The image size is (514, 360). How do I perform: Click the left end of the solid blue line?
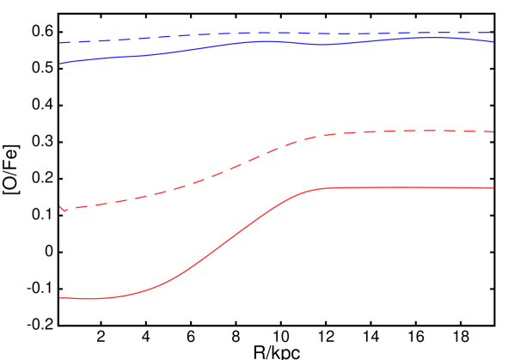[x=59, y=64]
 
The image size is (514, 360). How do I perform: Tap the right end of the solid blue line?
[x=493, y=41]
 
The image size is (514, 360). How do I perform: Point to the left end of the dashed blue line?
[x=59, y=43]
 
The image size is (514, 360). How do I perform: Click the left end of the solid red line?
[x=59, y=297]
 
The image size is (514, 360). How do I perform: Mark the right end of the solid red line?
[x=493, y=187]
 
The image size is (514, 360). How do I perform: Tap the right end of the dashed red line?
[x=493, y=132]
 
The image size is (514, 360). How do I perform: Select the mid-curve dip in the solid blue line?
[x=322, y=45]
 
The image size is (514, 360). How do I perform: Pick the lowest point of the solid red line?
[x=86, y=299]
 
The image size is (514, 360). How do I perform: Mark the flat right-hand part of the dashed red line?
[x=413, y=131]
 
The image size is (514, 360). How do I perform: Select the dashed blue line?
[x=258, y=34]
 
